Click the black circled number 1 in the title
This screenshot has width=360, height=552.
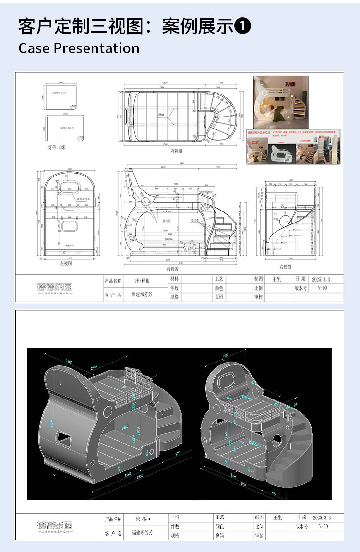(243, 26)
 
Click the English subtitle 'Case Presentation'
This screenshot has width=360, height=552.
(79, 48)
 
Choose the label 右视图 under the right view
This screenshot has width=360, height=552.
(286, 266)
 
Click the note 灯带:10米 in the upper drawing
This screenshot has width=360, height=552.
(57, 147)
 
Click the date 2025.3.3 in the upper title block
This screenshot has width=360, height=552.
(321, 279)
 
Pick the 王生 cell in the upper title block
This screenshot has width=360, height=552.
(277, 279)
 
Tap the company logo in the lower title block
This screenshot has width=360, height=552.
(55, 526)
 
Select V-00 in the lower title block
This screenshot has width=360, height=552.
(323, 526)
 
